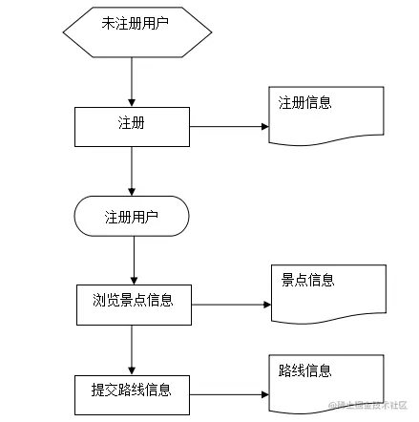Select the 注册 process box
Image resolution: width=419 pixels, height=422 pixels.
click(132, 126)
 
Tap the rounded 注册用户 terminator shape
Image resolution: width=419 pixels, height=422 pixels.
click(132, 217)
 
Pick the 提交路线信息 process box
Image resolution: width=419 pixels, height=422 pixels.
click(132, 392)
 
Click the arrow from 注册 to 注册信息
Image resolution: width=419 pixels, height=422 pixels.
click(229, 126)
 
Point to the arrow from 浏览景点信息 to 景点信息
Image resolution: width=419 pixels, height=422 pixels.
click(231, 306)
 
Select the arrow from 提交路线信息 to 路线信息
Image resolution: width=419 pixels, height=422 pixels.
click(229, 393)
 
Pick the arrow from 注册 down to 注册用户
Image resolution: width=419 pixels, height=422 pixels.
click(132, 172)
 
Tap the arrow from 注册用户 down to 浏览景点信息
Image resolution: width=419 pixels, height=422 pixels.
click(134, 259)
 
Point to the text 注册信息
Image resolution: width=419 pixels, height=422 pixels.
click(304, 103)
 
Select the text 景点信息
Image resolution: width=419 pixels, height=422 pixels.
click(307, 280)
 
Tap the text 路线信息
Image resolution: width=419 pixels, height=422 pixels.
click(304, 370)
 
